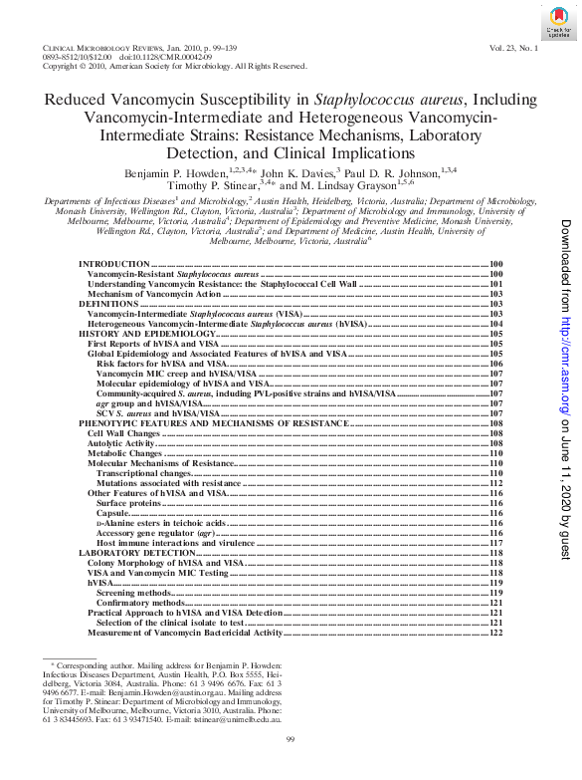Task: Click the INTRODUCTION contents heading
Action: [x=114, y=263]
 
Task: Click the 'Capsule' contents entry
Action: [x=113, y=512]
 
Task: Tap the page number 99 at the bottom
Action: [x=291, y=738]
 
